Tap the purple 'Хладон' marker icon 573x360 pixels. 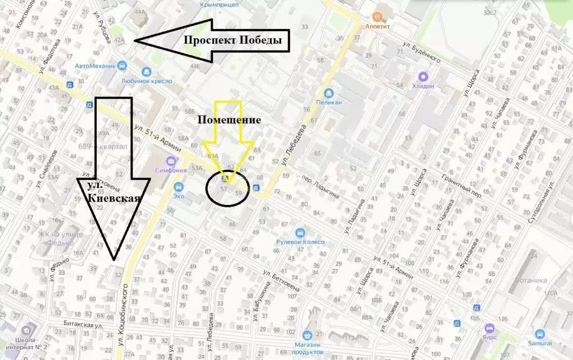[423, 77]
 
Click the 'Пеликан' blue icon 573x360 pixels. [330, 93]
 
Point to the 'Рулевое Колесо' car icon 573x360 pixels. [300, 232]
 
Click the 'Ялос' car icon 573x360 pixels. [491, 328]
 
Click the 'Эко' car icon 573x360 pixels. [179, 187]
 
